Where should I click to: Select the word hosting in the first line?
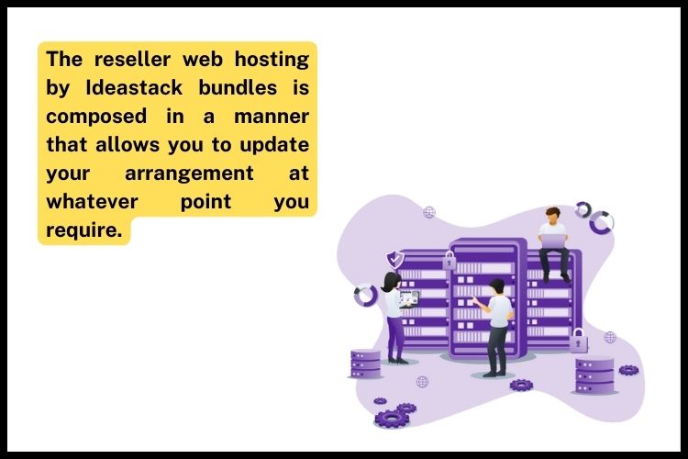[271, 60]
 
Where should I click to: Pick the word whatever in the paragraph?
[87, 201]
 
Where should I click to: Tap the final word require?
[83, 229]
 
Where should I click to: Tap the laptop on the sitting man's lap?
[553, 241]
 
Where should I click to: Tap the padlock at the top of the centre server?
[449, 260]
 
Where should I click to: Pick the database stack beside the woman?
[365, 364]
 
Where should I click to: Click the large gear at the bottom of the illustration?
[392, 418]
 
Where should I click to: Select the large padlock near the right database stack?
[578, 341]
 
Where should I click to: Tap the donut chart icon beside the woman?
[365, 295]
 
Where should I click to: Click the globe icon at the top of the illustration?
[429, 212]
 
